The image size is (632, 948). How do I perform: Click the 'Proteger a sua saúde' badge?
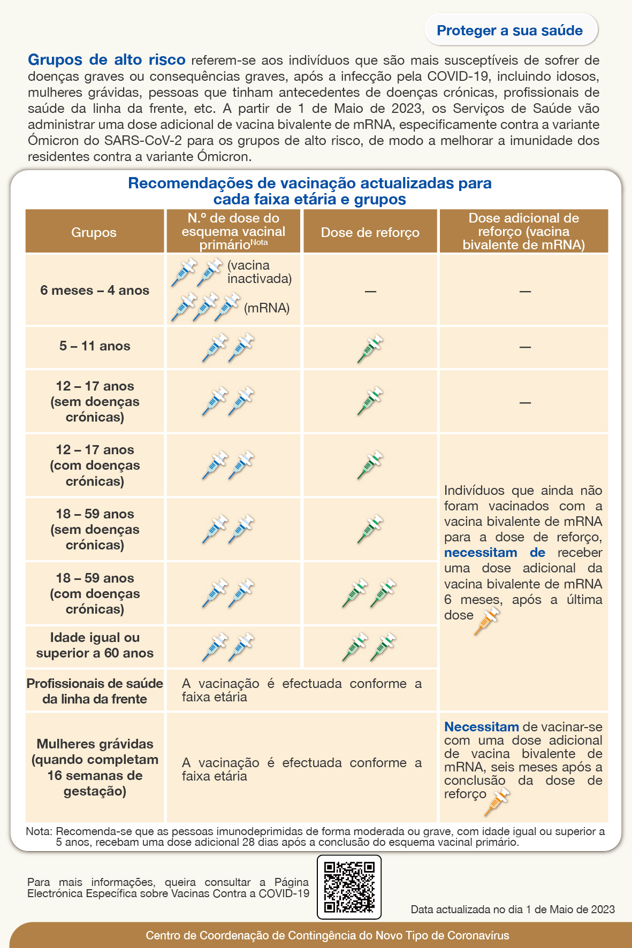point(510,30)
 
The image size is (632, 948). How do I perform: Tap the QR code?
point(349,886)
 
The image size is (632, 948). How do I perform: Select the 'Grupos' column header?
point(94,232)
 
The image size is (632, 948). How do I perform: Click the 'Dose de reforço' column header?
point(370,232)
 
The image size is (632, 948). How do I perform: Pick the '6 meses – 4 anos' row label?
point(95,290)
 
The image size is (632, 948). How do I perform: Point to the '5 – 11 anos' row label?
point(95,346)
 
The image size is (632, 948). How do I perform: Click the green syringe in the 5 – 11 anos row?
point(370,348)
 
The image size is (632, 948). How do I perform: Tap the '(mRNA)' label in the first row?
point(266,308)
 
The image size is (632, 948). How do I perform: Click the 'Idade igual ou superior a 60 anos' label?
point(95,645)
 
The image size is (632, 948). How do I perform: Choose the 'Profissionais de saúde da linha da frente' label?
point(95,691)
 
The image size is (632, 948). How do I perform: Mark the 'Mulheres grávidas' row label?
point(95,767)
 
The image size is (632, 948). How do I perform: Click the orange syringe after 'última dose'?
point(486,621)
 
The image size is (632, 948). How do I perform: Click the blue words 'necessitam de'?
point(494,553)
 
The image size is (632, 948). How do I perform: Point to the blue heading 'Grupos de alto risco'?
point(106,60)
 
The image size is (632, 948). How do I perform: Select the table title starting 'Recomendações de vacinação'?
point(309,191)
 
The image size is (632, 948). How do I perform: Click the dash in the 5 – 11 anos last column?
point(525,347)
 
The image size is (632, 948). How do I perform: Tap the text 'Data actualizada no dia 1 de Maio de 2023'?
point(513,909)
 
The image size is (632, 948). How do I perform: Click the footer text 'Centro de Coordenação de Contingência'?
point(327,936)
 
